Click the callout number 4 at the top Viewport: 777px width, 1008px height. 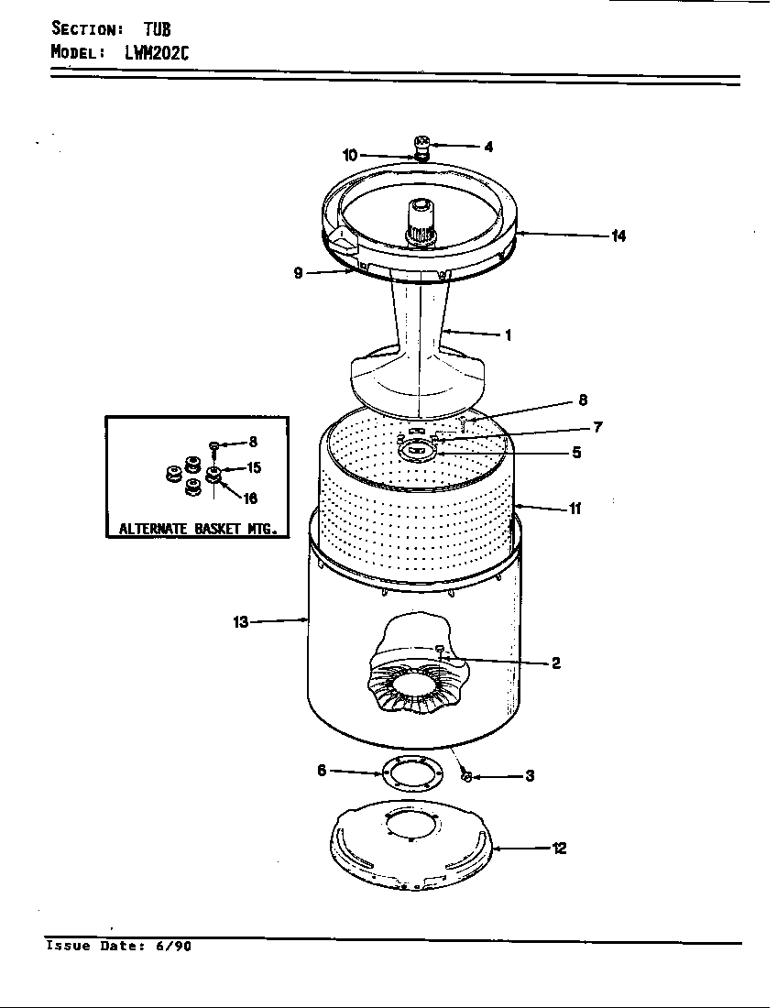[x=488, y=147]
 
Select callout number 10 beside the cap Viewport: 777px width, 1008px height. [x=350, y=156]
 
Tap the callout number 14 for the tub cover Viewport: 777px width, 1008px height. [x=618, y=236]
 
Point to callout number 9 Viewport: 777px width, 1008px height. [x=299, y=272]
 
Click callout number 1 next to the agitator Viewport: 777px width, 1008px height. [x=508, y=335]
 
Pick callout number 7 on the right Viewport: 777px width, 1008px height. [x=596, y=427]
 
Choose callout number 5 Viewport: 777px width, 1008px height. [x=576, y=452]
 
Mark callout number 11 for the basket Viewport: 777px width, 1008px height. [x=575, y=509]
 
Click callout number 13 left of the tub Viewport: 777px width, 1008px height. [x=240, y=622]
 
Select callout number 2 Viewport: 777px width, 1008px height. [x=555, y=663]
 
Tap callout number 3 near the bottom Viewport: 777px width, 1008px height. [x=530, y=777]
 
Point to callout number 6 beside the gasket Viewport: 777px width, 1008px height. [x=322, y=771]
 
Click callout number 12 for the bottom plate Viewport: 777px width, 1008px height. [x=559, y=849]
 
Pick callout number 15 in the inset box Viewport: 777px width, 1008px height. [x=254, y=468]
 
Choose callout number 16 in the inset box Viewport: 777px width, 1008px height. [x=250, y=499]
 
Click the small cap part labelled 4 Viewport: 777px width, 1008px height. [x=422, y=143]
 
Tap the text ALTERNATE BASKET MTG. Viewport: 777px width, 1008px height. [x=198, y=529]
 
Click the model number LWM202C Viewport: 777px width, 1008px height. [x=157, y=52]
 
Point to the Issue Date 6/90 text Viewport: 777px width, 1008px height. [x=119, y=947]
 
